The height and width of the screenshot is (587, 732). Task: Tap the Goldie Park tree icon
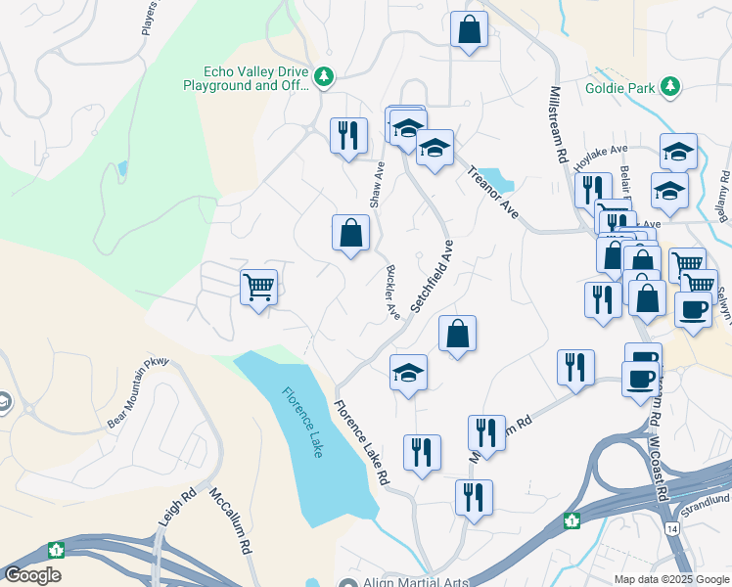(x=670, y=86)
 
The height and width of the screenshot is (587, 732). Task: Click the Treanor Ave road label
(x=492, y=192)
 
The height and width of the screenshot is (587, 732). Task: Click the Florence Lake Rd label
(x=361, y=444)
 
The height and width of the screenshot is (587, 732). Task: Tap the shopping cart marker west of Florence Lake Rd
(x=258, y=288)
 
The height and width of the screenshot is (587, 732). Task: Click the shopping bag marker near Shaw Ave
(x=350, y=234)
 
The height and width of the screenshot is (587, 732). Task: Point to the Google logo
(x=32, y=575)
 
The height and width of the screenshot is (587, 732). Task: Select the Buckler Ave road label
(x=392, y=293)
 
